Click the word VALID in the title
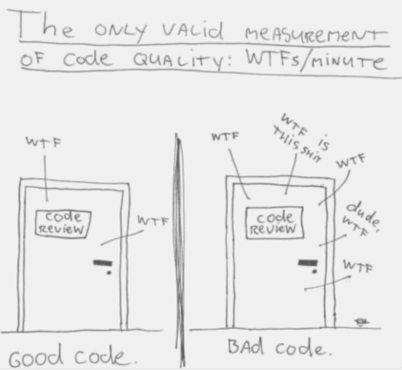193,31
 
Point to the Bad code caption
279,348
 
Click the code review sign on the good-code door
63,223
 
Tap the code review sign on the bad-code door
274,223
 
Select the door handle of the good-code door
103,263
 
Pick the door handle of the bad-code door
308,263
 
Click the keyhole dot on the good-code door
109,272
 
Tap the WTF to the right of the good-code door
153,221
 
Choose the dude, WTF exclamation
360,219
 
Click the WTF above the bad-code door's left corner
225,137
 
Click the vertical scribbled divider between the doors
180,251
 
